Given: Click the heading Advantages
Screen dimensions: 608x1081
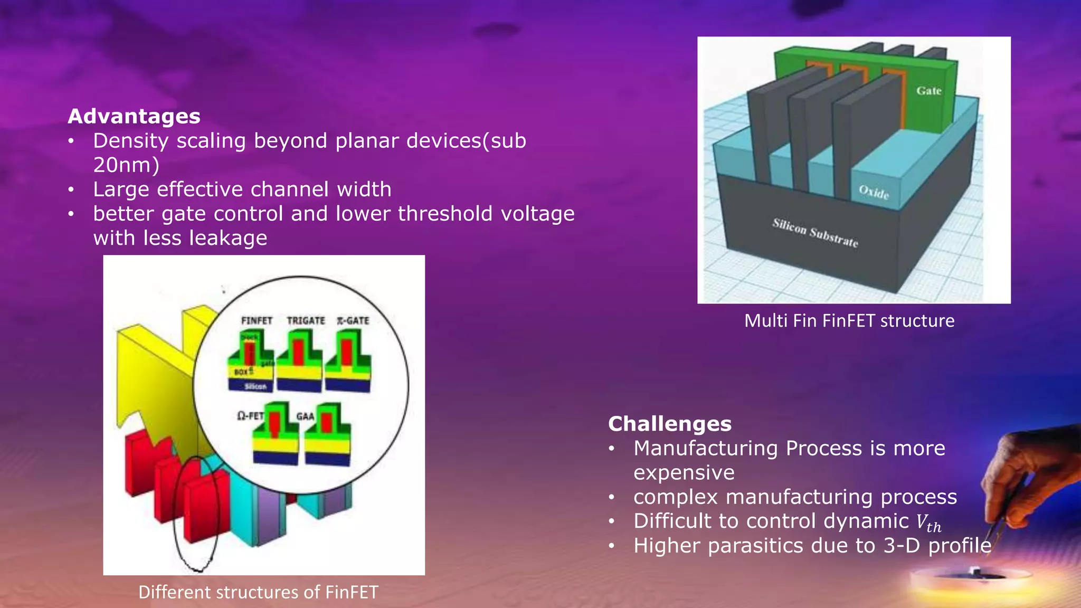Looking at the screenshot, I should point(134,116).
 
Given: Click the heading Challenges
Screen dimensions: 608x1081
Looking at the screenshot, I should point(670,424).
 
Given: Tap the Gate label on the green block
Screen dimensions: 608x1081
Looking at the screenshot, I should point(928,91).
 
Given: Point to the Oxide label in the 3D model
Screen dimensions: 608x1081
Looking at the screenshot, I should point(874,192).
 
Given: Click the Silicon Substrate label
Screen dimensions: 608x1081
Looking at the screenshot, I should point(815,233).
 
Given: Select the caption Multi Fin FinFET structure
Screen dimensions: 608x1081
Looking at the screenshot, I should point(849,321).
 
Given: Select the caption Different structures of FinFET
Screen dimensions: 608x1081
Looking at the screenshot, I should point(258,592).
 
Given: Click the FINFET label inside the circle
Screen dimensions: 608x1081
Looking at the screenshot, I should point(257,320).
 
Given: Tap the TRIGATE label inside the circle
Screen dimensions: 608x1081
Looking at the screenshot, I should point(306,320).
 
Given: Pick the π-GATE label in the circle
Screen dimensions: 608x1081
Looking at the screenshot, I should point(353,320).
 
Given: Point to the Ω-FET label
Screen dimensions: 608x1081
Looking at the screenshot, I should point(250,416).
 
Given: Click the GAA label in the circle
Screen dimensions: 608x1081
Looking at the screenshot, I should point(305,416).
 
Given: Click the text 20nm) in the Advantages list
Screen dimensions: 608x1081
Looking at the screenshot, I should point(126,165).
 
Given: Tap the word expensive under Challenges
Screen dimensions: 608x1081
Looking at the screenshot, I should point(684,472).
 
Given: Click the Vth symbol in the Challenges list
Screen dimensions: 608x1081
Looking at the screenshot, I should point(928,523).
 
